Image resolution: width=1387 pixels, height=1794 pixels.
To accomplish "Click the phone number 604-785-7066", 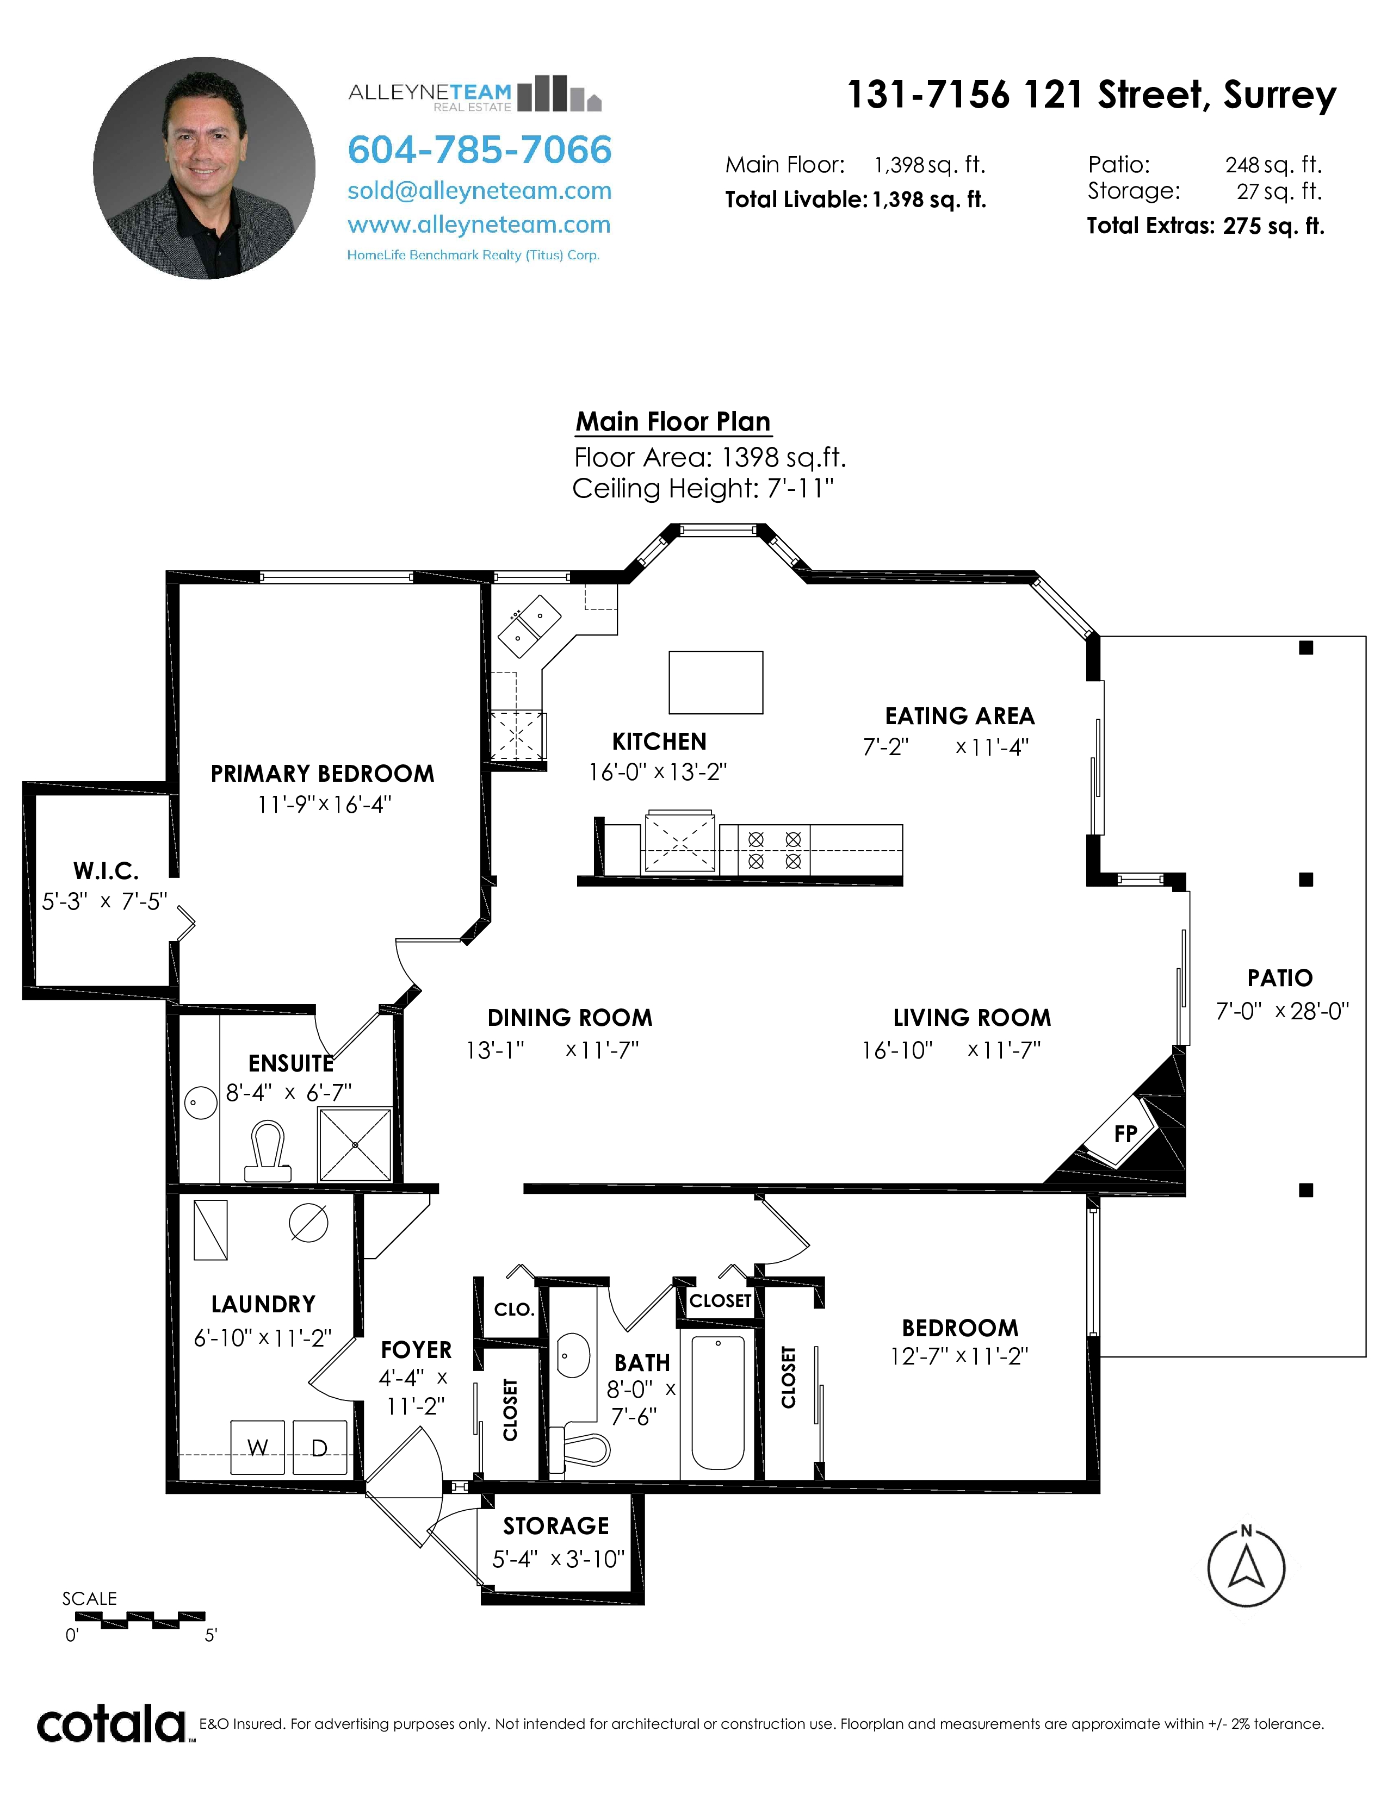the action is (x=480, y=149).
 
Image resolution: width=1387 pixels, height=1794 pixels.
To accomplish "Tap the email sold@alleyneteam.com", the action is (x=480, y=191).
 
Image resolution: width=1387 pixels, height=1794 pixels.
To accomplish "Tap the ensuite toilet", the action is (x=268, y=1151).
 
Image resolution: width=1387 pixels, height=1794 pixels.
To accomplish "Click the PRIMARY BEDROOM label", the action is (x=322, y=774).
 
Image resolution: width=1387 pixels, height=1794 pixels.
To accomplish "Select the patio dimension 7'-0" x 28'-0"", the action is (x=1283, y=1011).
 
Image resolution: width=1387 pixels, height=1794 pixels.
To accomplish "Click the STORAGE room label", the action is (x=556, y=1526).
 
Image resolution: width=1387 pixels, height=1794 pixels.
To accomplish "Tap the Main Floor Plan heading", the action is (x=673, y=421).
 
